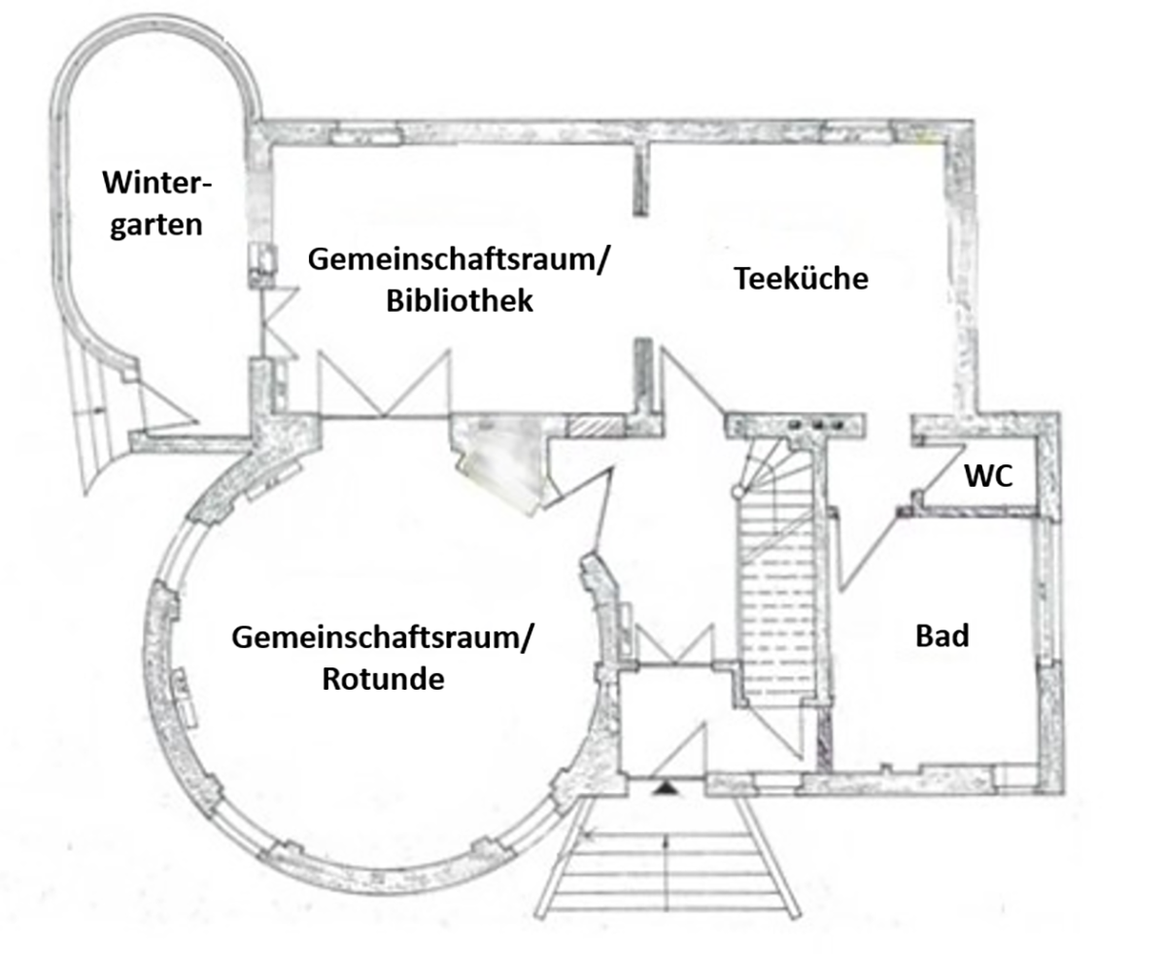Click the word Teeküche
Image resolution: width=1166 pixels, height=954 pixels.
pos(801,279)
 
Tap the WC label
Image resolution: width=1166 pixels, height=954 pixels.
pos(988,476)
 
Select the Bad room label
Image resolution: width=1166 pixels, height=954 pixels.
pos(943,636)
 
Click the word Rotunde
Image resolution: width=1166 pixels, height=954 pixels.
pos(382,677)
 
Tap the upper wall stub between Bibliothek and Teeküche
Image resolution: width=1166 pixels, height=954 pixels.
pos(640,180)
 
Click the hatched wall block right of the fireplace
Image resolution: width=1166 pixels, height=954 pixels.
pos(586,426)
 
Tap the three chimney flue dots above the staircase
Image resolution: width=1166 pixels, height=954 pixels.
pos(812,425)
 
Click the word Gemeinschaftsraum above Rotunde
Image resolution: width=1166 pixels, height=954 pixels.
pos(382,638)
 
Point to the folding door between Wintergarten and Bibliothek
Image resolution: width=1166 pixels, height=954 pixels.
pos(273,321)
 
